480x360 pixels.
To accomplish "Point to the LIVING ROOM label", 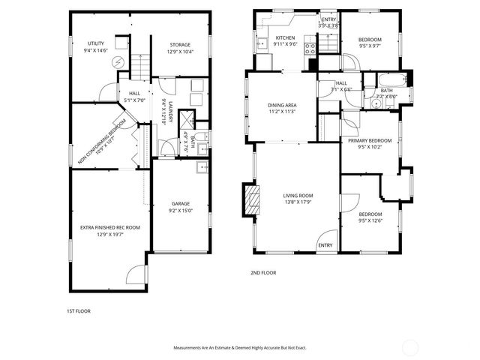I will tap(298, 198).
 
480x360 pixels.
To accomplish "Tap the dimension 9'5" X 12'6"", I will tap(370, 220).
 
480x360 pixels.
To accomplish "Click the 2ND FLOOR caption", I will tap(263, 273).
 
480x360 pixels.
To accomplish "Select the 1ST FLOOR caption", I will tap(78, 310).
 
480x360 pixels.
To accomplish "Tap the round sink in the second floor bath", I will tap(373, 104).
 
